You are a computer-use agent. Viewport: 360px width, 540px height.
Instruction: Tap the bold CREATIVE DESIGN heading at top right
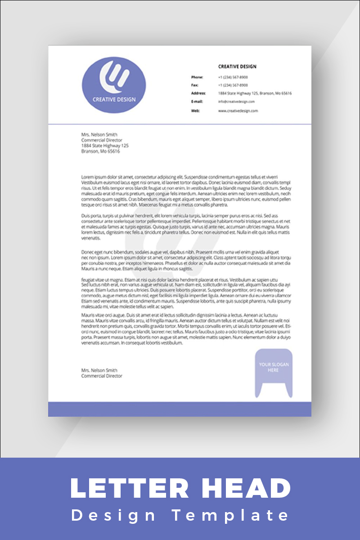(x=237, y=67)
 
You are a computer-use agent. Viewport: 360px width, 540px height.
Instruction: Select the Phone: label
(x=197, y=77)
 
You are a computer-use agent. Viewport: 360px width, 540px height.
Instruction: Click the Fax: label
(x=194, y=85)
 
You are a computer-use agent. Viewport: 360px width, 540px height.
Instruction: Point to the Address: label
(x=198, y=93)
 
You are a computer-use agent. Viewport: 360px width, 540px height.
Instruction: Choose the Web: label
(x=195, y=110)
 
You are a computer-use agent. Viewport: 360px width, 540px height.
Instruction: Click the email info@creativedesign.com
(x=236, y=102)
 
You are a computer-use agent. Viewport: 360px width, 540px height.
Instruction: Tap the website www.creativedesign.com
(x=238, y=110)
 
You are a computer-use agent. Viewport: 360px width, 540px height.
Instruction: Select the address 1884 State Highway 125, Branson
(x=255, y=93)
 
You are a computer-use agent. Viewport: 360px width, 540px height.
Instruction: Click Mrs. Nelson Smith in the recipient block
(x=99, y=135)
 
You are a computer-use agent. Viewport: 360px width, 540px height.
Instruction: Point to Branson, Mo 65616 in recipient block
(x=100, y=151)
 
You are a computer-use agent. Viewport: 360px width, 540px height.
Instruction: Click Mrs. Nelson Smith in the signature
(x=99, y=370)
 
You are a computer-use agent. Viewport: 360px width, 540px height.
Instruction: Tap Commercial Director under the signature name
(x=101, y=376)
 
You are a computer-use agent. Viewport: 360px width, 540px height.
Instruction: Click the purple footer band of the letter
(x=180, y=409)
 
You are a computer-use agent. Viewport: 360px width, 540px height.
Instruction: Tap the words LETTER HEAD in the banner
(x=180, y=489)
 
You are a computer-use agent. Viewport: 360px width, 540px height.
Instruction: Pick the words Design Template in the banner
(x=180, y=515)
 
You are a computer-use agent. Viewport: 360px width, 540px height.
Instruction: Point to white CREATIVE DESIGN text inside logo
(x=114, y=99)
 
